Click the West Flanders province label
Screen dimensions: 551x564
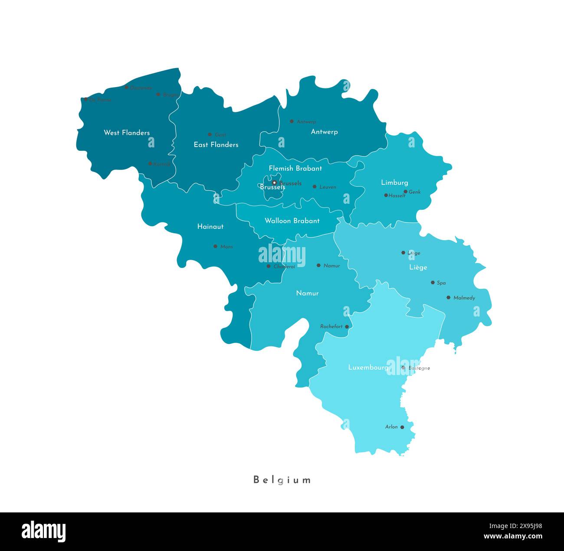[127, 133]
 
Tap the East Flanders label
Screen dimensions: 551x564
[216, 145]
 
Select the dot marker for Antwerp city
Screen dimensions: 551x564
[292, 121]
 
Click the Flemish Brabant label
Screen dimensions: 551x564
[295, 168]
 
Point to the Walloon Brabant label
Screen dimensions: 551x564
[292, 221]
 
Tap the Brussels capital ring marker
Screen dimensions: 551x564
[274, 183]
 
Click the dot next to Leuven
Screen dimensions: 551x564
[315, 187]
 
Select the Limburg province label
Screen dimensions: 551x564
[394, 183]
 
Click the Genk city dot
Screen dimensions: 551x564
[406, 192]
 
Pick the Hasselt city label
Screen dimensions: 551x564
[397, 196]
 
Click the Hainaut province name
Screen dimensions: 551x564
[210, 226]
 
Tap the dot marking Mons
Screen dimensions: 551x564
[215, 246]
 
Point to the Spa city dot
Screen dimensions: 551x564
[433, 283]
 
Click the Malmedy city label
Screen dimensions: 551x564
[464, 298]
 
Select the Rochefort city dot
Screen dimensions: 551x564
[347, 326]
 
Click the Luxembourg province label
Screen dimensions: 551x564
[368, 367]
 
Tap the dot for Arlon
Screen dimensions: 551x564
[402, 427]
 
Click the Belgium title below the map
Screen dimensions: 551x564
[282, 480]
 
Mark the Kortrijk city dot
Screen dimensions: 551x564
[150, 164]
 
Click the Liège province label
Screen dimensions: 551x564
[418, 267]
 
